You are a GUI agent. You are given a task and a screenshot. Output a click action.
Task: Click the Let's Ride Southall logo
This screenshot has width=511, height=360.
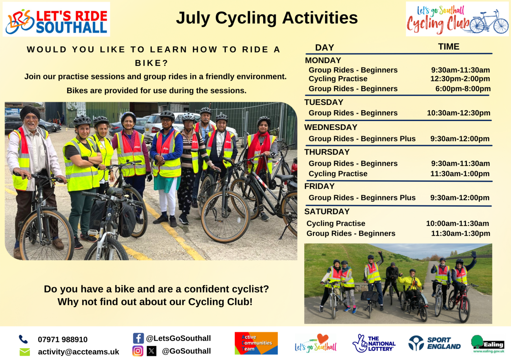click(x=56, y=19)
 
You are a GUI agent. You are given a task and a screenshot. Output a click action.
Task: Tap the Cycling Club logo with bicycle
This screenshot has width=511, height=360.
click(x=457, y=19)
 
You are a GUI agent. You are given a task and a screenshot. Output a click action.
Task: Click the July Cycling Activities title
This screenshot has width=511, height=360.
click(x=267, y=18)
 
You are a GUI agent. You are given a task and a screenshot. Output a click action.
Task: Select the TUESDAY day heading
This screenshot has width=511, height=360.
click(x=324, y=102)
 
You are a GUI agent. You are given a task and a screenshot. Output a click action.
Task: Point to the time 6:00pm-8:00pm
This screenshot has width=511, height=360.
click(x=463, y=89)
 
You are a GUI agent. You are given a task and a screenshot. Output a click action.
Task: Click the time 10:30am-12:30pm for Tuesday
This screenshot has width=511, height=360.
click(x=458, y=113)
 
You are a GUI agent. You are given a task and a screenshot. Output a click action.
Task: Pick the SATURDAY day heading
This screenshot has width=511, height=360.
click(x=327, y=212)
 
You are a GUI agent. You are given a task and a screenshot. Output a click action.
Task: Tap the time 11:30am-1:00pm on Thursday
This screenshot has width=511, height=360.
click(x=460, y=174)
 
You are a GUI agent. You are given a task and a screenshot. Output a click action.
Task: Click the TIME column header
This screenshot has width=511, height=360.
click(x=448, y=47)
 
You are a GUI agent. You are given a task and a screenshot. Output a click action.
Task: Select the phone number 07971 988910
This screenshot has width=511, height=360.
click(x=63, y=339)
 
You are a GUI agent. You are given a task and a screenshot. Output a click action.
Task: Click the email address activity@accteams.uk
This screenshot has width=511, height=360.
click(x=79, y=352)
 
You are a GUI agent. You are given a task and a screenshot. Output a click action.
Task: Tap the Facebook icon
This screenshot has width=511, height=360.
click(x=138, y=338)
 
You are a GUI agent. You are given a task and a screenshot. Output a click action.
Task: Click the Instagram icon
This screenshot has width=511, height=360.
click(x=138, y=351)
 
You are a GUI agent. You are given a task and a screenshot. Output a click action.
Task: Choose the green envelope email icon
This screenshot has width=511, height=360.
click(x=25, y=352)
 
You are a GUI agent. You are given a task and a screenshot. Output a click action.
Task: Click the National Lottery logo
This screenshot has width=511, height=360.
click(x=374, y=343)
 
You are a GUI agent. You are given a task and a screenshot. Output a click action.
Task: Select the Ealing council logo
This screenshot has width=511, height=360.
click(x=488, y=344)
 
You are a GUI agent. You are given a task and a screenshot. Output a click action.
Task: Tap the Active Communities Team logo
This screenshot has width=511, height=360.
click(x=256, y=343)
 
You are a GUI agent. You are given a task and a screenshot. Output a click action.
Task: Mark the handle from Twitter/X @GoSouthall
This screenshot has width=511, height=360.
click(x=186, y=351)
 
